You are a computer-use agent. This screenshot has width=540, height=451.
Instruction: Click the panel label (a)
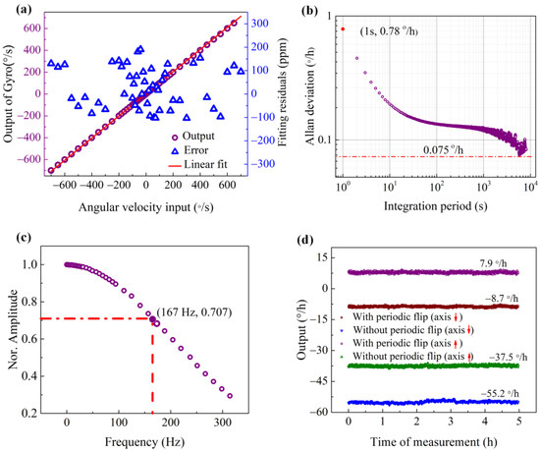(13, 12)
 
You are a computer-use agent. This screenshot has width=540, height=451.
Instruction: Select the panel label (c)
(13, 239)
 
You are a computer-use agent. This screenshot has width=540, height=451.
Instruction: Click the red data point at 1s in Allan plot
(343, 28)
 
